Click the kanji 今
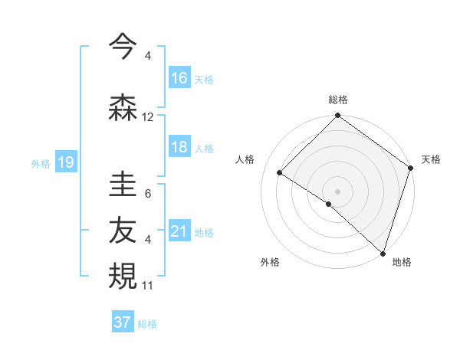(x=123, y=47)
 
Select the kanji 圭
(x=123, y=185)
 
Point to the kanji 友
(x=123, y=231)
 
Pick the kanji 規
(x=123, y=277)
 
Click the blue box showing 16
(x=179, y=78)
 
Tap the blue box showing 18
(x=179, y=147)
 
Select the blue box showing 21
(x=179, y=231)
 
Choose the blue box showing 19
(x=66, y=162)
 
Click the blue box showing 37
(x=123, y=322)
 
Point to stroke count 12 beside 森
(x=148, y=117)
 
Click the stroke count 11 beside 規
(x=148, y=286)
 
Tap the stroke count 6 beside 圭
(x=148, y=193)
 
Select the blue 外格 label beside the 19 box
(x=41, y=163)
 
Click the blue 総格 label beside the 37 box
(x=147, y=324)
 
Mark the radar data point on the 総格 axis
(x=337, y=116)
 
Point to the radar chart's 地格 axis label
(x=402, y=262)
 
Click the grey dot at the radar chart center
(x=337, y=191)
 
